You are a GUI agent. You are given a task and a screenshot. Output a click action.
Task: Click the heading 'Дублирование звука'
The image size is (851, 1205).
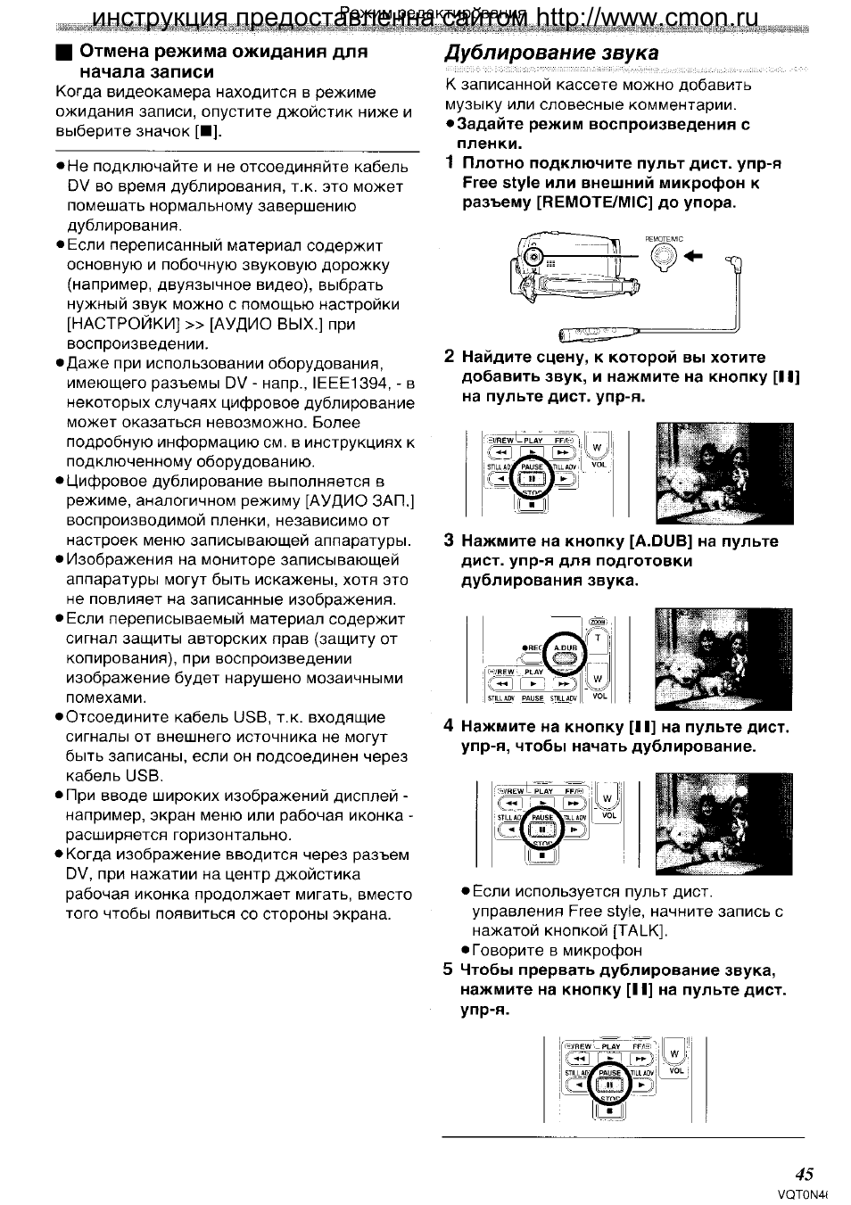[x=551, y=53]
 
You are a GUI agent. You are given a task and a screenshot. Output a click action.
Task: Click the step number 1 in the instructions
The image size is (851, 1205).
[x=450, y=163]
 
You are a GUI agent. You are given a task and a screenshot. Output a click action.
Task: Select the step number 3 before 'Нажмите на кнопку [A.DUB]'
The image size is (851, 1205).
[x=450, y=541]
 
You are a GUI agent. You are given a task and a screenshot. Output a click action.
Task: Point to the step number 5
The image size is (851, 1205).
[x=450, y=970]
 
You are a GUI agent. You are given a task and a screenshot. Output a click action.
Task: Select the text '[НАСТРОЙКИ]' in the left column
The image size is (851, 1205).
[x=124, y=324]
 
